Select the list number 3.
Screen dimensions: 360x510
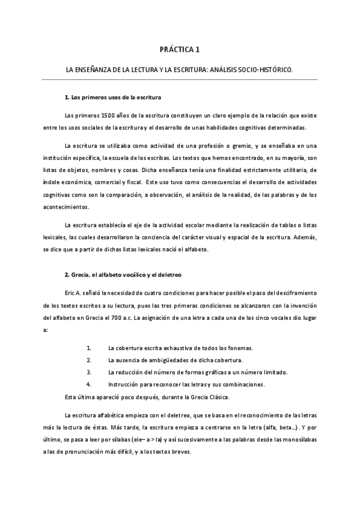click(x=88, y=372)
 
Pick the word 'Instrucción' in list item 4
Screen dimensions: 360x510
click(x=124, y=384)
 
